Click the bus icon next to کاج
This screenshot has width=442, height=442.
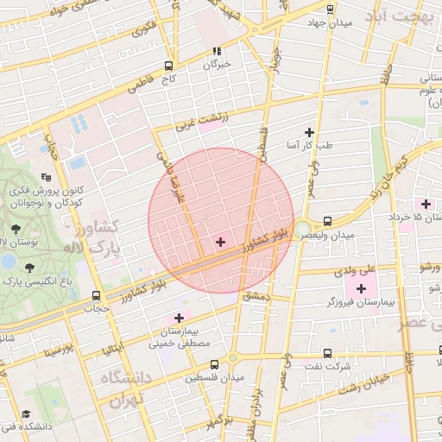(x=167, y=66)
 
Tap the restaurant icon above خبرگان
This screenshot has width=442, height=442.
(x=217, y=51)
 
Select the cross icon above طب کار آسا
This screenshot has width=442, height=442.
(x=309, y=132)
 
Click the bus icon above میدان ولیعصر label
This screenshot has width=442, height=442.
(x=327, y=221)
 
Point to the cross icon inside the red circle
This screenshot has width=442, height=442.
(x=220, y=242)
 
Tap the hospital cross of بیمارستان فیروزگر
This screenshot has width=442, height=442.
(x=361, y=287)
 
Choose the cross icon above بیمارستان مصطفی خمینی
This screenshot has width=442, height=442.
(x=179, y=319)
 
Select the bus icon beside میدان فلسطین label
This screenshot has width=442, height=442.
(x=190, y=377)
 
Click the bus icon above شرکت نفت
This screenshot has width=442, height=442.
(x=327, y=353)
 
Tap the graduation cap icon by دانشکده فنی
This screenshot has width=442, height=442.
(x=26, y=414)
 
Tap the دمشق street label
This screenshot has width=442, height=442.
(x=256, y=296)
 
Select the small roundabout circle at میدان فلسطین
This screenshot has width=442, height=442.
(x=232, y=357)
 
